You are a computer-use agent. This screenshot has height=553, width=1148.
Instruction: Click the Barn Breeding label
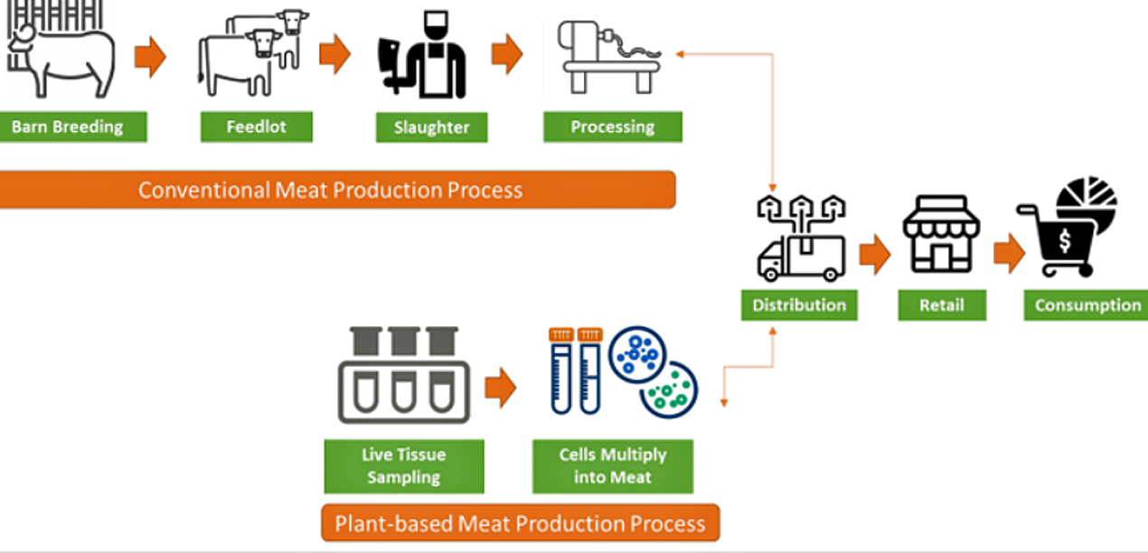pyautogui.click(x=68, y=127)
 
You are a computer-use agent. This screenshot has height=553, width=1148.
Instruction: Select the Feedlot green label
pyautogui.click(x=257, y=127)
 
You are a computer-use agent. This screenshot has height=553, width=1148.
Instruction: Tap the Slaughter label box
pyautogui.click(x=431, y=127)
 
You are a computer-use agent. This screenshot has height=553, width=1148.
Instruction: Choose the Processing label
pyautogui.click(x=612, y=127)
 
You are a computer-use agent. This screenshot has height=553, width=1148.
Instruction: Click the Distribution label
pyautogui.click(x=799, y=305)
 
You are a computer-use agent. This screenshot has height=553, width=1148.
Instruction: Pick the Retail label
pyautogui.click(x=942, y=305)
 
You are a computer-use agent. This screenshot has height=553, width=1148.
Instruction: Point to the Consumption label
pyautogui.click(x=1087, y=305)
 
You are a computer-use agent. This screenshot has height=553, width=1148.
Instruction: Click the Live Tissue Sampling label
pyautogui.click(x=404, y=466)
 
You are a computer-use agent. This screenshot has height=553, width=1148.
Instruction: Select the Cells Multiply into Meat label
pyautogui.click(x=612, y=466)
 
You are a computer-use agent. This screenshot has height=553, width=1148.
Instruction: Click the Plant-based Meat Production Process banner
pyautogui.click(x=520, y=523)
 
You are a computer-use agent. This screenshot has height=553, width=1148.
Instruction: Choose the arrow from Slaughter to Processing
pyautogui.click(x=507, y=56)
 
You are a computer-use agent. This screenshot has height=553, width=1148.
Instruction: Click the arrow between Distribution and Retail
pyautogui.click(x=874, y=256)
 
